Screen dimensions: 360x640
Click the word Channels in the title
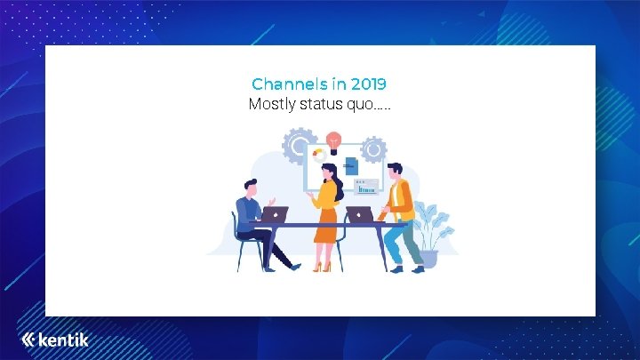point(289,84)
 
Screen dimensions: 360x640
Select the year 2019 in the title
point(368,84)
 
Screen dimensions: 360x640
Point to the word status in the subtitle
point(325,105)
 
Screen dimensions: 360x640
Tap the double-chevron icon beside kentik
point(28,340)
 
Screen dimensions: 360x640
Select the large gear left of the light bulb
point(300,145)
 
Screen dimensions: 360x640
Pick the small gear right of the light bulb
point(373,148)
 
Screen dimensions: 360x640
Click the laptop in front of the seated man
point(275,214)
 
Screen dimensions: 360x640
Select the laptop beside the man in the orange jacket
point(359,214)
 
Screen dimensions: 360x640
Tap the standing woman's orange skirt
point(326,224)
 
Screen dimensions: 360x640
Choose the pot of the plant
point(428,259)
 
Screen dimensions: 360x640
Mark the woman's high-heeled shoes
point(321,266)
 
